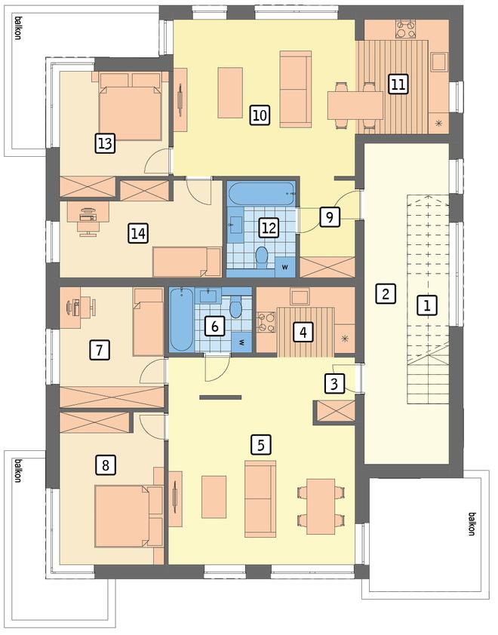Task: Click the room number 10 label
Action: [260, 115]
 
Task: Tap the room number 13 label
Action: [105, 143]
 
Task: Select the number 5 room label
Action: [260, 445]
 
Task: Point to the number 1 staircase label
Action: [427, 305]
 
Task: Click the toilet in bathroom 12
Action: [262, 258]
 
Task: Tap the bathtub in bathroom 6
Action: [181, 320]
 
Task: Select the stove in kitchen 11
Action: [406, 29]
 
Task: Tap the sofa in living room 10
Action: [296, 89]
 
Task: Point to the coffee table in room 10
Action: [230, 93]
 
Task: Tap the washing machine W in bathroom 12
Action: [285, 267]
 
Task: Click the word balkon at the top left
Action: [17, 28]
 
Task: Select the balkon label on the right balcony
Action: [472, 524]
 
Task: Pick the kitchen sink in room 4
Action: [300, 297]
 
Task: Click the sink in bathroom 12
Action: [236, 225]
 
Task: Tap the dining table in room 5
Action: [321, 506]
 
